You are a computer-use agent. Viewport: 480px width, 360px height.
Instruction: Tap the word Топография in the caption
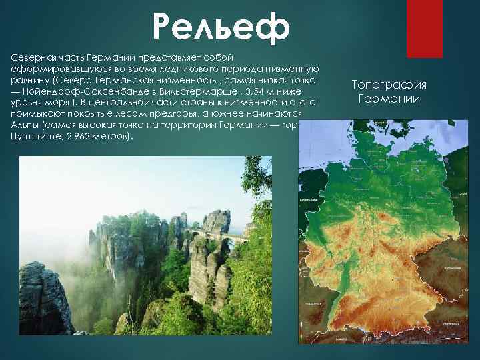click(389, 85)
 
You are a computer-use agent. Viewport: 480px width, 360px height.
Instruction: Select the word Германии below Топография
click(389, 99)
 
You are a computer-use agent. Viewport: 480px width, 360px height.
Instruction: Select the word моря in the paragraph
click(56, 103)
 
